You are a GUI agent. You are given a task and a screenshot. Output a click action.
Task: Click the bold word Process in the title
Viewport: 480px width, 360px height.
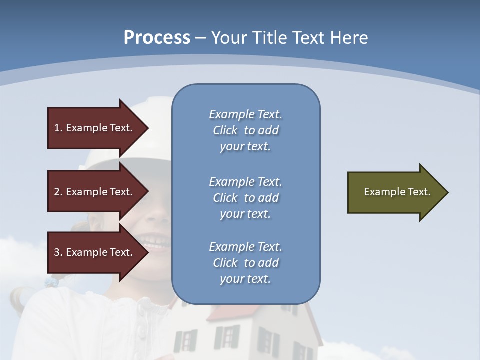[x=157, y=38]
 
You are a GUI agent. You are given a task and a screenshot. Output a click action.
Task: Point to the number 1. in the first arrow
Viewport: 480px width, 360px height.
[x=58, y=128]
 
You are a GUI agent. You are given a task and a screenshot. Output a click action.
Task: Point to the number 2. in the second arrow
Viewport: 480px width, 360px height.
[x=58, y=192]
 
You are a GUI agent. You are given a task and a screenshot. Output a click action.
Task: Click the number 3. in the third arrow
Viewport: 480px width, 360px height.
[x=58, y=252]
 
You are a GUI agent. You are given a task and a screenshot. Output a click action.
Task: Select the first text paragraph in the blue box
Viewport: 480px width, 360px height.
[x=245, y=130]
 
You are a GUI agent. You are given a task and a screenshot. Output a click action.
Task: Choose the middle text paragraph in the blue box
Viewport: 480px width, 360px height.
[x=245, y=198]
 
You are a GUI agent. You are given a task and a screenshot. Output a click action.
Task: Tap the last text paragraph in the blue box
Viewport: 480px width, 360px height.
[x=245, y=263]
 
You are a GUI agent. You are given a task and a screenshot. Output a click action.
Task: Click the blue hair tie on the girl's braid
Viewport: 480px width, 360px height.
[x=52, y=283]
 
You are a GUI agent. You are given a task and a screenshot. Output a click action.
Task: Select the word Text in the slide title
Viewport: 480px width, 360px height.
[x=309, y=38]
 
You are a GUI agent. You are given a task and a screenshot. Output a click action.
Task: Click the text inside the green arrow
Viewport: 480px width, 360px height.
[x=397, y=192]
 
